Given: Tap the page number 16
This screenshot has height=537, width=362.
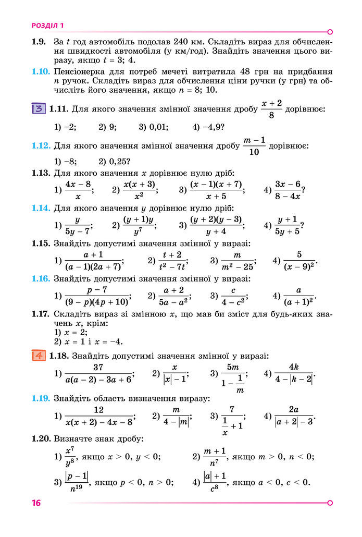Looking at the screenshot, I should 35,503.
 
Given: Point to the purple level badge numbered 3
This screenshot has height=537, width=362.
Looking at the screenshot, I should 38,109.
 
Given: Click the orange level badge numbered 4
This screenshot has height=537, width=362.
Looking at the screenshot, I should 38,356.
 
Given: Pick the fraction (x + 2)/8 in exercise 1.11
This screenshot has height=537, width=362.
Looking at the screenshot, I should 271,109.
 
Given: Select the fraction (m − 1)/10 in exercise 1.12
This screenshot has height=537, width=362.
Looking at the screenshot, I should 254,147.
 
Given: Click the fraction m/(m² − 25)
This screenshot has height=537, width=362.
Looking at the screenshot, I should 238,260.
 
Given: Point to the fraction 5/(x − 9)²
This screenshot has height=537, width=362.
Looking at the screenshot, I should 299,260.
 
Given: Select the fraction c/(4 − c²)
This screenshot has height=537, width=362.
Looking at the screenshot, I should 233,297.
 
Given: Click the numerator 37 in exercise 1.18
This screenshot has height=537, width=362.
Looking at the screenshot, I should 99,367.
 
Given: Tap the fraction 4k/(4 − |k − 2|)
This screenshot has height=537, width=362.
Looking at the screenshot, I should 295,373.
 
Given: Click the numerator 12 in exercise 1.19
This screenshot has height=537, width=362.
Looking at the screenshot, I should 98,410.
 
